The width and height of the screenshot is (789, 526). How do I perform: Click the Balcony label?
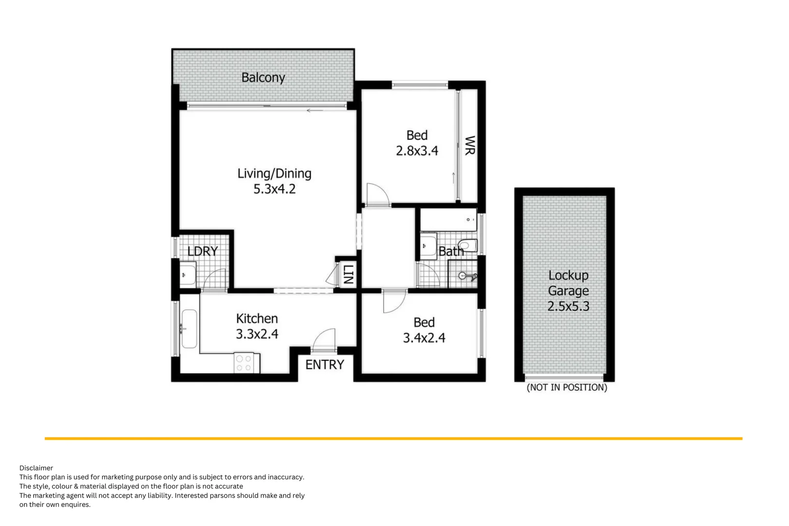pyautogui.click(x=263, y=77)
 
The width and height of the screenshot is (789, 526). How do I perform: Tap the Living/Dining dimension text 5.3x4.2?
pyautogui.click(x=274, y=189)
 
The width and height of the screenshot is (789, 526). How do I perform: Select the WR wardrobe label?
pyautogui.click(x=470, y=145)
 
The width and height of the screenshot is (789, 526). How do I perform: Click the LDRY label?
pyautogui.click(x=203, y=251)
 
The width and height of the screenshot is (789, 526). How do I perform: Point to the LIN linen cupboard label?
pyautogui.click(x=348, y=274)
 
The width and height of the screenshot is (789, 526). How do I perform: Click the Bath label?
pyautogui.click(x=451, y=251)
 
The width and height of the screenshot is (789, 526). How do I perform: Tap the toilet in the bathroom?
pyautogui.click(x=468, y=245)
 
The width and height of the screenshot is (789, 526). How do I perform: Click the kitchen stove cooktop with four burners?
pyautogui.click(x=244, y=363)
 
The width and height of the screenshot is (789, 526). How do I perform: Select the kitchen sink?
pyautogui.click(x=189, y=329)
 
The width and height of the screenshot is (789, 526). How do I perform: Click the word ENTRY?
pyautogui.click(x=324, y=364)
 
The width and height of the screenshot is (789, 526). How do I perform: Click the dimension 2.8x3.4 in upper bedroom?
pyautogui.click(x=417, y=151)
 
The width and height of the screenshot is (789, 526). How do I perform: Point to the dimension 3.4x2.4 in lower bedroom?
pyautogui.click(x=424, y=338)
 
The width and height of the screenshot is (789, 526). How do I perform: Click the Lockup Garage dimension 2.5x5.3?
pyautogui.click(x=568, y=306)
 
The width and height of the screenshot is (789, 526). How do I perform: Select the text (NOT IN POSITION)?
pyautogui.click(x=567, y=388)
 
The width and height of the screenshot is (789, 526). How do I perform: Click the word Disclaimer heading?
pyautogui.click(x=36, y=468)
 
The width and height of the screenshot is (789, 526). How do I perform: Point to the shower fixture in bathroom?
pyautogui.click(x=467, y=277)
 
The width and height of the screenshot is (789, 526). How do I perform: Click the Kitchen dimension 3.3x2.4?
pyautogui.click(x=257, y=334)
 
